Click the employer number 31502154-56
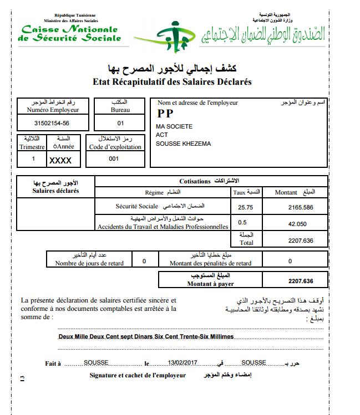[52, 123]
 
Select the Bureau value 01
[121, 123]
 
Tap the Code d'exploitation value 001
[114, 158]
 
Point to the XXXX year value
[61, 160]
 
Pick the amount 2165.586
[301, 207]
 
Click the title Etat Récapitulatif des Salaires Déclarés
[173, 82]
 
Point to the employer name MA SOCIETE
[174, 126]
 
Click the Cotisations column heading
[195, 181]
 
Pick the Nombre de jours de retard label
[89, 263]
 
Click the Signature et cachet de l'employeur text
[138, 375]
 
